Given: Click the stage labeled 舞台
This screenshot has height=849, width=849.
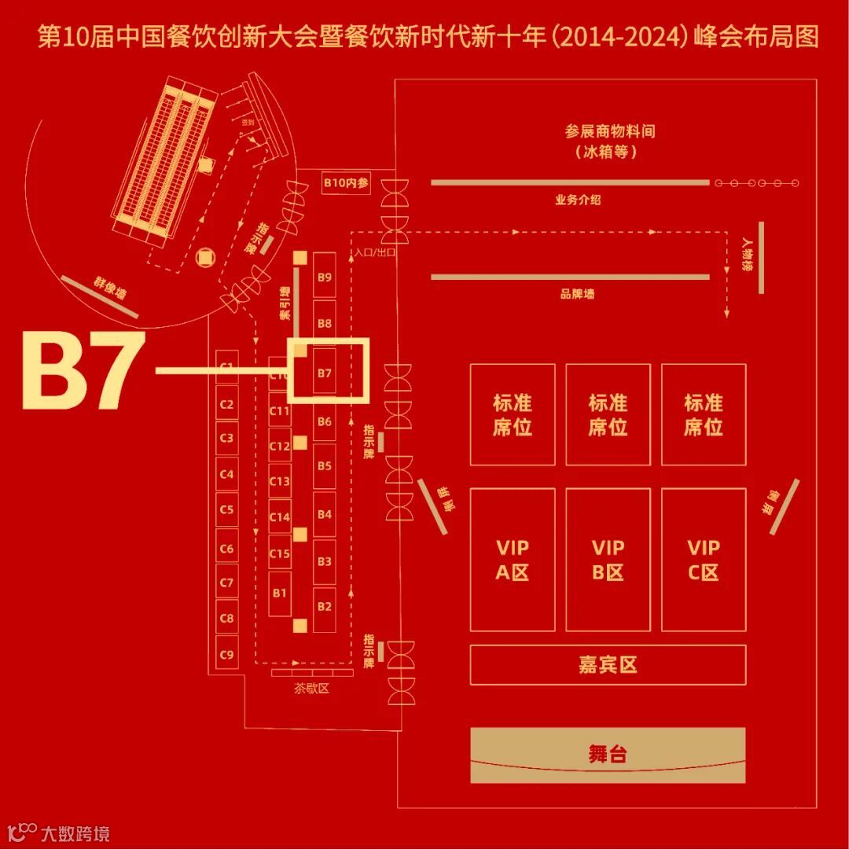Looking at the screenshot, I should (608, 755).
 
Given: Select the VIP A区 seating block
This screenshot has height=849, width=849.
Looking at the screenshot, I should (513, 560).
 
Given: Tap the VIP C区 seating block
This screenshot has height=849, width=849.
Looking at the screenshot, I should (703, 560).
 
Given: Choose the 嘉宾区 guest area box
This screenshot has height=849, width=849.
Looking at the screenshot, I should (608, 665).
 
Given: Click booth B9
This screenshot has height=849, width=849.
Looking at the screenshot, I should (325, 276).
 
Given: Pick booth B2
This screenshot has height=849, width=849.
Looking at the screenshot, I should (325, 607).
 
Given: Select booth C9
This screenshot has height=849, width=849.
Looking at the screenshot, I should (227, 653).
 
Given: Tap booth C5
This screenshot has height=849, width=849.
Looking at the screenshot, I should (227, 509).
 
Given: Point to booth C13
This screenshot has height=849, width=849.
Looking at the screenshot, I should (280, 481).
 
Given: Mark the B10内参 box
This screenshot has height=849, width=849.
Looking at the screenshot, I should (346, 182).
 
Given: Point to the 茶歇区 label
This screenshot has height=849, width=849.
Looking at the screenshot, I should (311, 689).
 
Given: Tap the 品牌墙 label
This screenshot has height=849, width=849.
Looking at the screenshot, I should (578, 294).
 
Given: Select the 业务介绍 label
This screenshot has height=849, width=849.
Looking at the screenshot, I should (578, 200).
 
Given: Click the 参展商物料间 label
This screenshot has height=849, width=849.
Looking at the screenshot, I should (610, 132).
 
